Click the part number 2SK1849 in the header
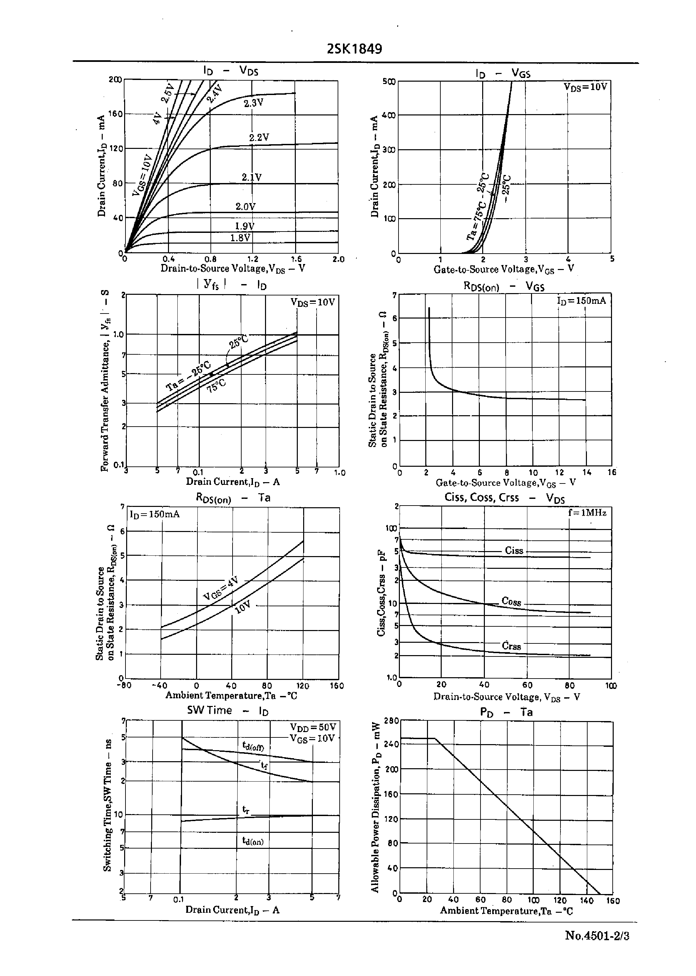pyautogui.click(x=354, y=49)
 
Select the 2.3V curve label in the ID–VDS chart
pyautogui.click(x=253, y=103)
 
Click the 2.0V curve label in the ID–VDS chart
pyautogui.click(x=245, y=206)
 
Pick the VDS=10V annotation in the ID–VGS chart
pyautogui.click(x=586, y=87)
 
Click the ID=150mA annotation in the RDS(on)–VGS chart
pyautogui.click(x=582, y=301)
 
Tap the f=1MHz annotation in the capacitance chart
pyautogui.click(x=587, y=512)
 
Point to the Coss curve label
pyautogui.click(x=511, y=602)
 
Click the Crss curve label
pyautogui.click(x=511, y=646)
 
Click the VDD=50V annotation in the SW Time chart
pyautogui.click(x=313, y=727)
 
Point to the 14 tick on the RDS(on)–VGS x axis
pyautogui.click(x=586, y=472)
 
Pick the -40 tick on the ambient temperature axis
pyautogui.click(x=159, y=686)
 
